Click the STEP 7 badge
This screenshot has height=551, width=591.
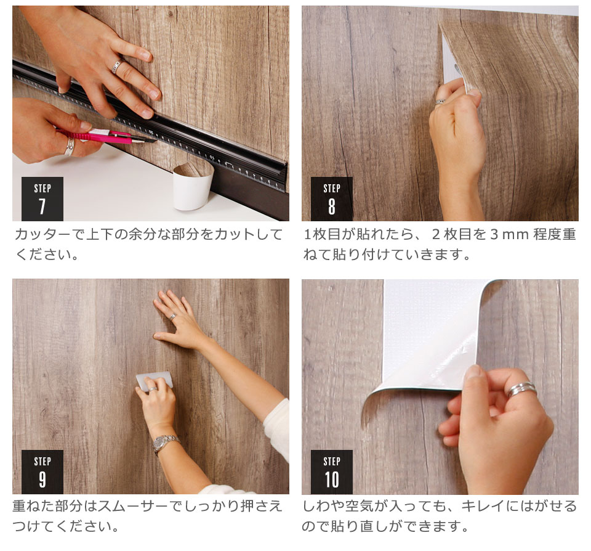(42, 198)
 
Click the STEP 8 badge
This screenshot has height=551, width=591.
(331, 198)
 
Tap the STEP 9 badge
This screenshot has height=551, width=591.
(42, 471)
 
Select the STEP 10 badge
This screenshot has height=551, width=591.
(331, 471)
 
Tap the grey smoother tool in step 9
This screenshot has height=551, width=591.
(154, 381)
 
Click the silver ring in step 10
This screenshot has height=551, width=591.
(521, 390)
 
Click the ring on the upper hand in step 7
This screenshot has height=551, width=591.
(116, 67)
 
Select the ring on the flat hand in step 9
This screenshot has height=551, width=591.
(174, 317)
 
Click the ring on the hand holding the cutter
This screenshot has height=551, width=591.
(70, 146)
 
